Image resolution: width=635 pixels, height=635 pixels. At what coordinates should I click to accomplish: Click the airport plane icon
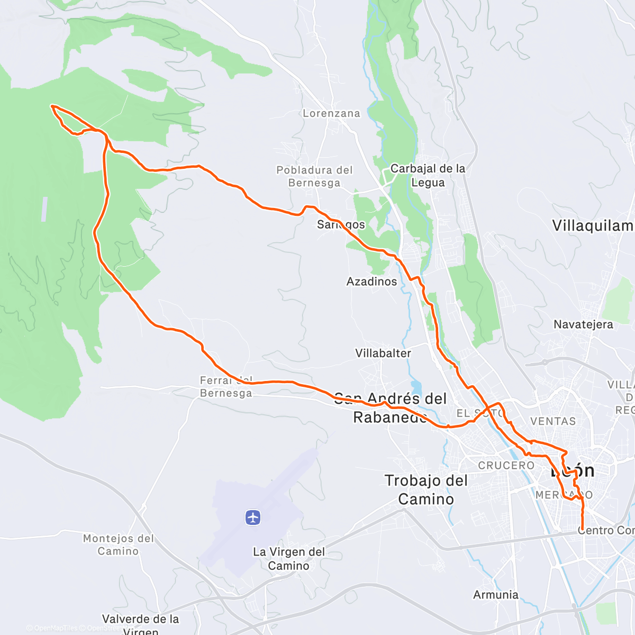click(x=253, y=517)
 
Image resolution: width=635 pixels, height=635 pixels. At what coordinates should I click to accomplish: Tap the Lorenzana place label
click(x=331, y=113)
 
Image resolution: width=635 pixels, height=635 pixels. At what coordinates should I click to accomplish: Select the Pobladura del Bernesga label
click(x=314, y=176)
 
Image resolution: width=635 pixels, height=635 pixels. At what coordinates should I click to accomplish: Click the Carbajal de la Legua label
click(x=428, y=175)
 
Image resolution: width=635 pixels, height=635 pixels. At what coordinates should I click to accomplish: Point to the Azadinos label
click(x=371, y=282)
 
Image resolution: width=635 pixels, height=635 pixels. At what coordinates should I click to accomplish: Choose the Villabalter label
click(x=383, y=353)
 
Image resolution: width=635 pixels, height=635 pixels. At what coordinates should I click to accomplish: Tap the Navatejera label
click(x=583, y=324)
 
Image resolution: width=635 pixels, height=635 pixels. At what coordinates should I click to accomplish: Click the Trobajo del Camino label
click(x=427, y=489)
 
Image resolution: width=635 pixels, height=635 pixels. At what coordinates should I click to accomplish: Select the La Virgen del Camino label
click(x=289, y=559)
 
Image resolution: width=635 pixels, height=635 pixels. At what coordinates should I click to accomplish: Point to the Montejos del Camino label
click(x=119, y=545)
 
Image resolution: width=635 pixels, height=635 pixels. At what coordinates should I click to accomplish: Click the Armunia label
click(x=496, y=595)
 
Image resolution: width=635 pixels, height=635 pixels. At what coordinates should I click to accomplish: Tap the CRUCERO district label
click(x=506, y=466)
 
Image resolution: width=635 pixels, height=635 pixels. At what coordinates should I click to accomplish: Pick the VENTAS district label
click(x=553, y=421)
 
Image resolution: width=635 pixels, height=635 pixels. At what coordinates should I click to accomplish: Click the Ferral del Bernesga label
click(x=226, y=387)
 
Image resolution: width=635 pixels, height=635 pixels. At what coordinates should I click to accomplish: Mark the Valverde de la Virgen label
click(x=141, y=623)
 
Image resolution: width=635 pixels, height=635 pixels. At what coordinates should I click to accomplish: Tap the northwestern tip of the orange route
click(x=52, y=106)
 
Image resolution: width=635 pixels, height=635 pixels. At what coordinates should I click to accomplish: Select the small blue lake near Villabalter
click(x=416, y=388)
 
